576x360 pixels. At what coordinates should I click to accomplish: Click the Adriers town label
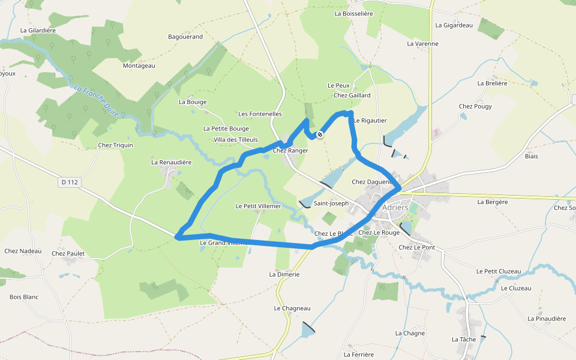[395, 208]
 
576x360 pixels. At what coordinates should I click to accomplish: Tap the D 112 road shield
[70, 181]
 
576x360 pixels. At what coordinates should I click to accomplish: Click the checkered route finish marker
[320, 135]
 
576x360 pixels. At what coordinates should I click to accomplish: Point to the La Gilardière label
[38, 29]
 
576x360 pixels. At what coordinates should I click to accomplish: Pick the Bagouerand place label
[185, 37]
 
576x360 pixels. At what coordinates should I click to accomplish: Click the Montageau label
[139, 65]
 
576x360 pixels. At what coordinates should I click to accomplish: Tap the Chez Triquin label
[115, 145]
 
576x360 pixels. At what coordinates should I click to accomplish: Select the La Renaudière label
[171, 162]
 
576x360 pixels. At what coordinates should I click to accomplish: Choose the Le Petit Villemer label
[258, 206]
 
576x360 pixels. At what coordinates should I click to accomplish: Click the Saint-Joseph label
[331, 203]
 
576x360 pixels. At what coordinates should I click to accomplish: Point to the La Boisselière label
[353, 13]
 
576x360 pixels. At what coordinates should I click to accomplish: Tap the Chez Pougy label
[475, 106]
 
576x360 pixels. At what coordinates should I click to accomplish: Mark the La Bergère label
[493, 202]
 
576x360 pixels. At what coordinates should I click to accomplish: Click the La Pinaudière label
[547, 319]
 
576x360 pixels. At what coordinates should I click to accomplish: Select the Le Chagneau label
[292, 308]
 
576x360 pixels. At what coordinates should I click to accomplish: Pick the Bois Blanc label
[24, 296]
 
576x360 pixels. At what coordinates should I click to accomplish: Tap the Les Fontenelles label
[260, 113]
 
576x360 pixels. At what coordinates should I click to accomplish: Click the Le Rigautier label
[370, 121]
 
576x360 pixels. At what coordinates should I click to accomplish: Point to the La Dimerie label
[284, 274]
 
